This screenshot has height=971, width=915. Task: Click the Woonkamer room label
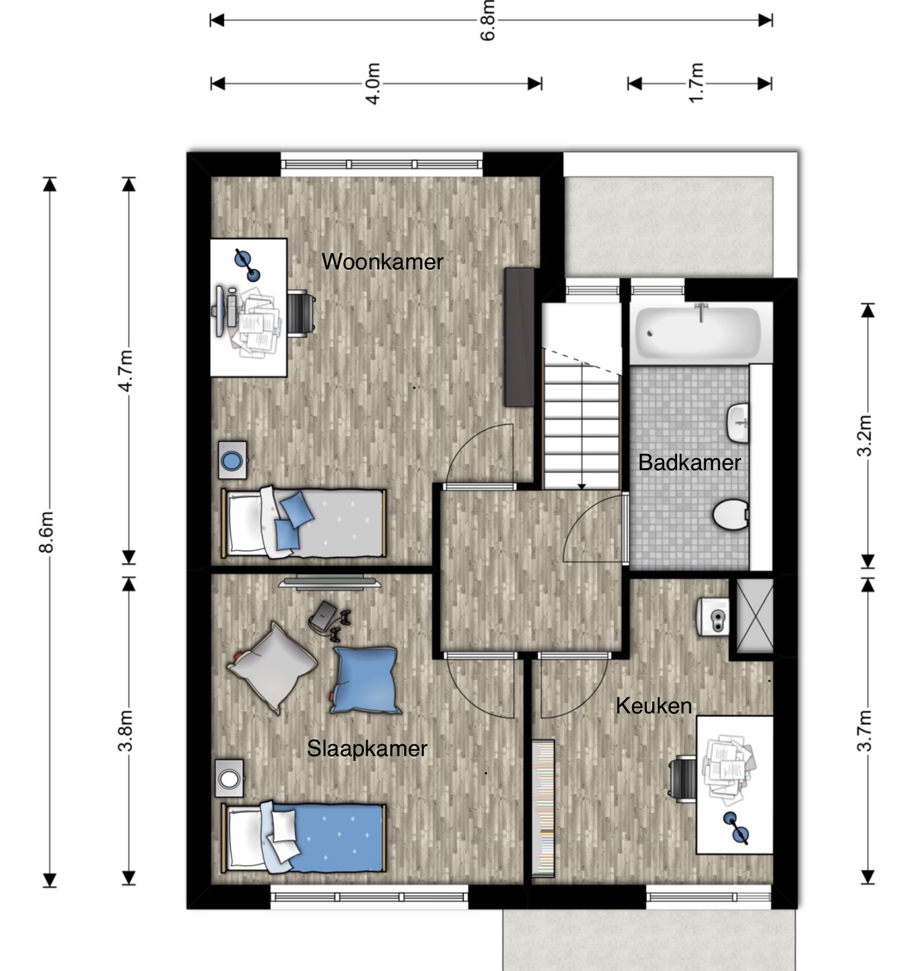click(382, 262)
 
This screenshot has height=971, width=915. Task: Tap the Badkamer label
click(690, 462)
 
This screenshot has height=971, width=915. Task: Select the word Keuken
click(653, 706)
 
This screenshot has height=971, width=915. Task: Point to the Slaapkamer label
click(367, 748)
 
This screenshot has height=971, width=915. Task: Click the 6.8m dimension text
click(487, 21)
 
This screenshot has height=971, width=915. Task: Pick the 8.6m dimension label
click(46, 532)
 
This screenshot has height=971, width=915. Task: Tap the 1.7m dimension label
click(696, 83)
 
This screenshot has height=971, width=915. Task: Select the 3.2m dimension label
click(865, 435)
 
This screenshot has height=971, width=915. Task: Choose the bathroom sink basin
click(737, 423)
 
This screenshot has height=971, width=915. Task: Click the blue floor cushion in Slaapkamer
click(365, 680)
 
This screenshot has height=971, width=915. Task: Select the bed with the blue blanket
click(304, 837)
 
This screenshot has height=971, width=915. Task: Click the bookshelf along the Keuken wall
click(543, 808)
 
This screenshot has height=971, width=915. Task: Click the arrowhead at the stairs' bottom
click(582, 487)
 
